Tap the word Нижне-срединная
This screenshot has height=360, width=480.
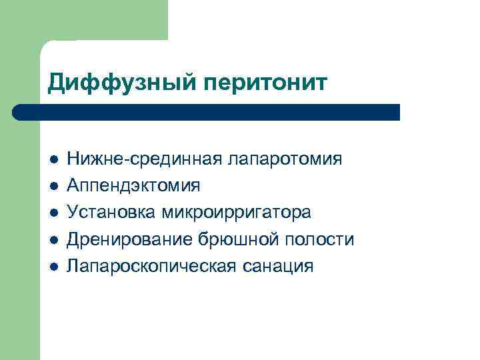[145, 159]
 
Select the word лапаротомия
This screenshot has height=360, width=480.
[285, 159]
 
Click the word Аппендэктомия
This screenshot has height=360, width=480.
[133, 186]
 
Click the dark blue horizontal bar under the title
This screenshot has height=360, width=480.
[213, 112]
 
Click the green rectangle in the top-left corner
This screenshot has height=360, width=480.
[100, 20]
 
